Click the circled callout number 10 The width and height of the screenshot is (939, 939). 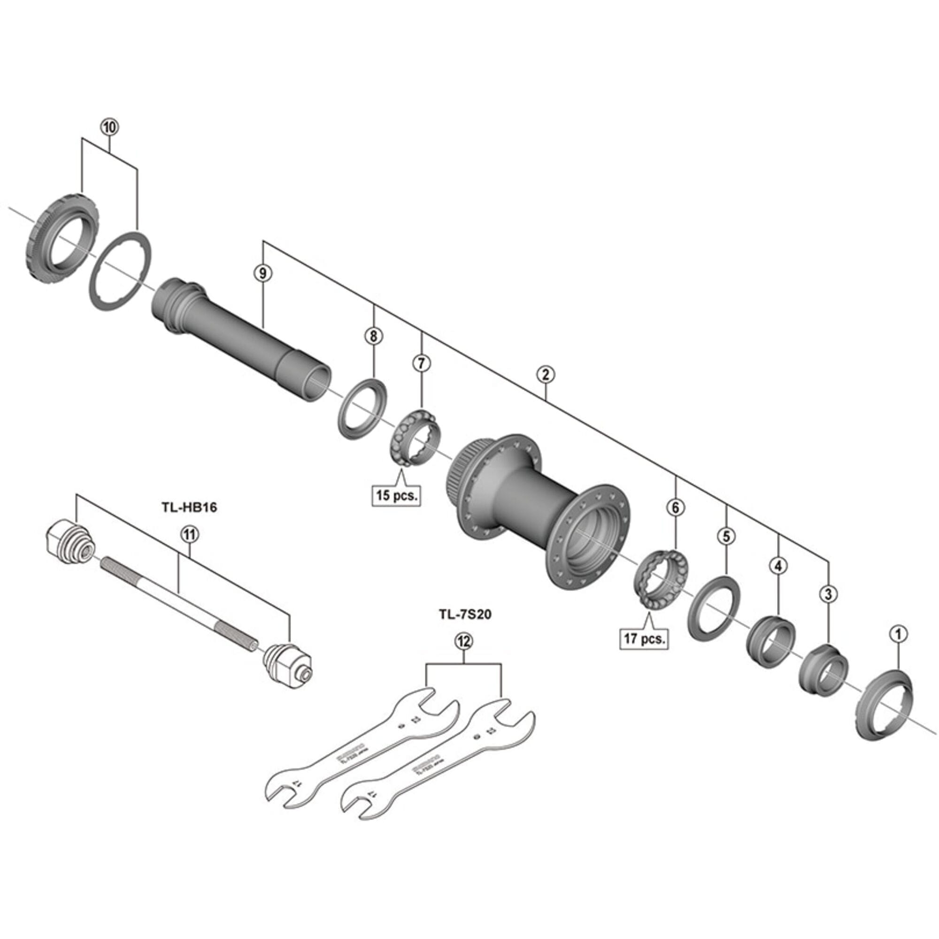(x=109, y=128)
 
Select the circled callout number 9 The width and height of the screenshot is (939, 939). (x=263, y=274)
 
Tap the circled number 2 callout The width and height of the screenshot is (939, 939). (x=546, y=374)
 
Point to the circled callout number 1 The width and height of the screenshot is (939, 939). (x=898, y=633)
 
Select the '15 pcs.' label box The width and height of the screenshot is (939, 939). (x=396, y=496)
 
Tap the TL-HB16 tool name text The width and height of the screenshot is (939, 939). (x=189, y=508)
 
